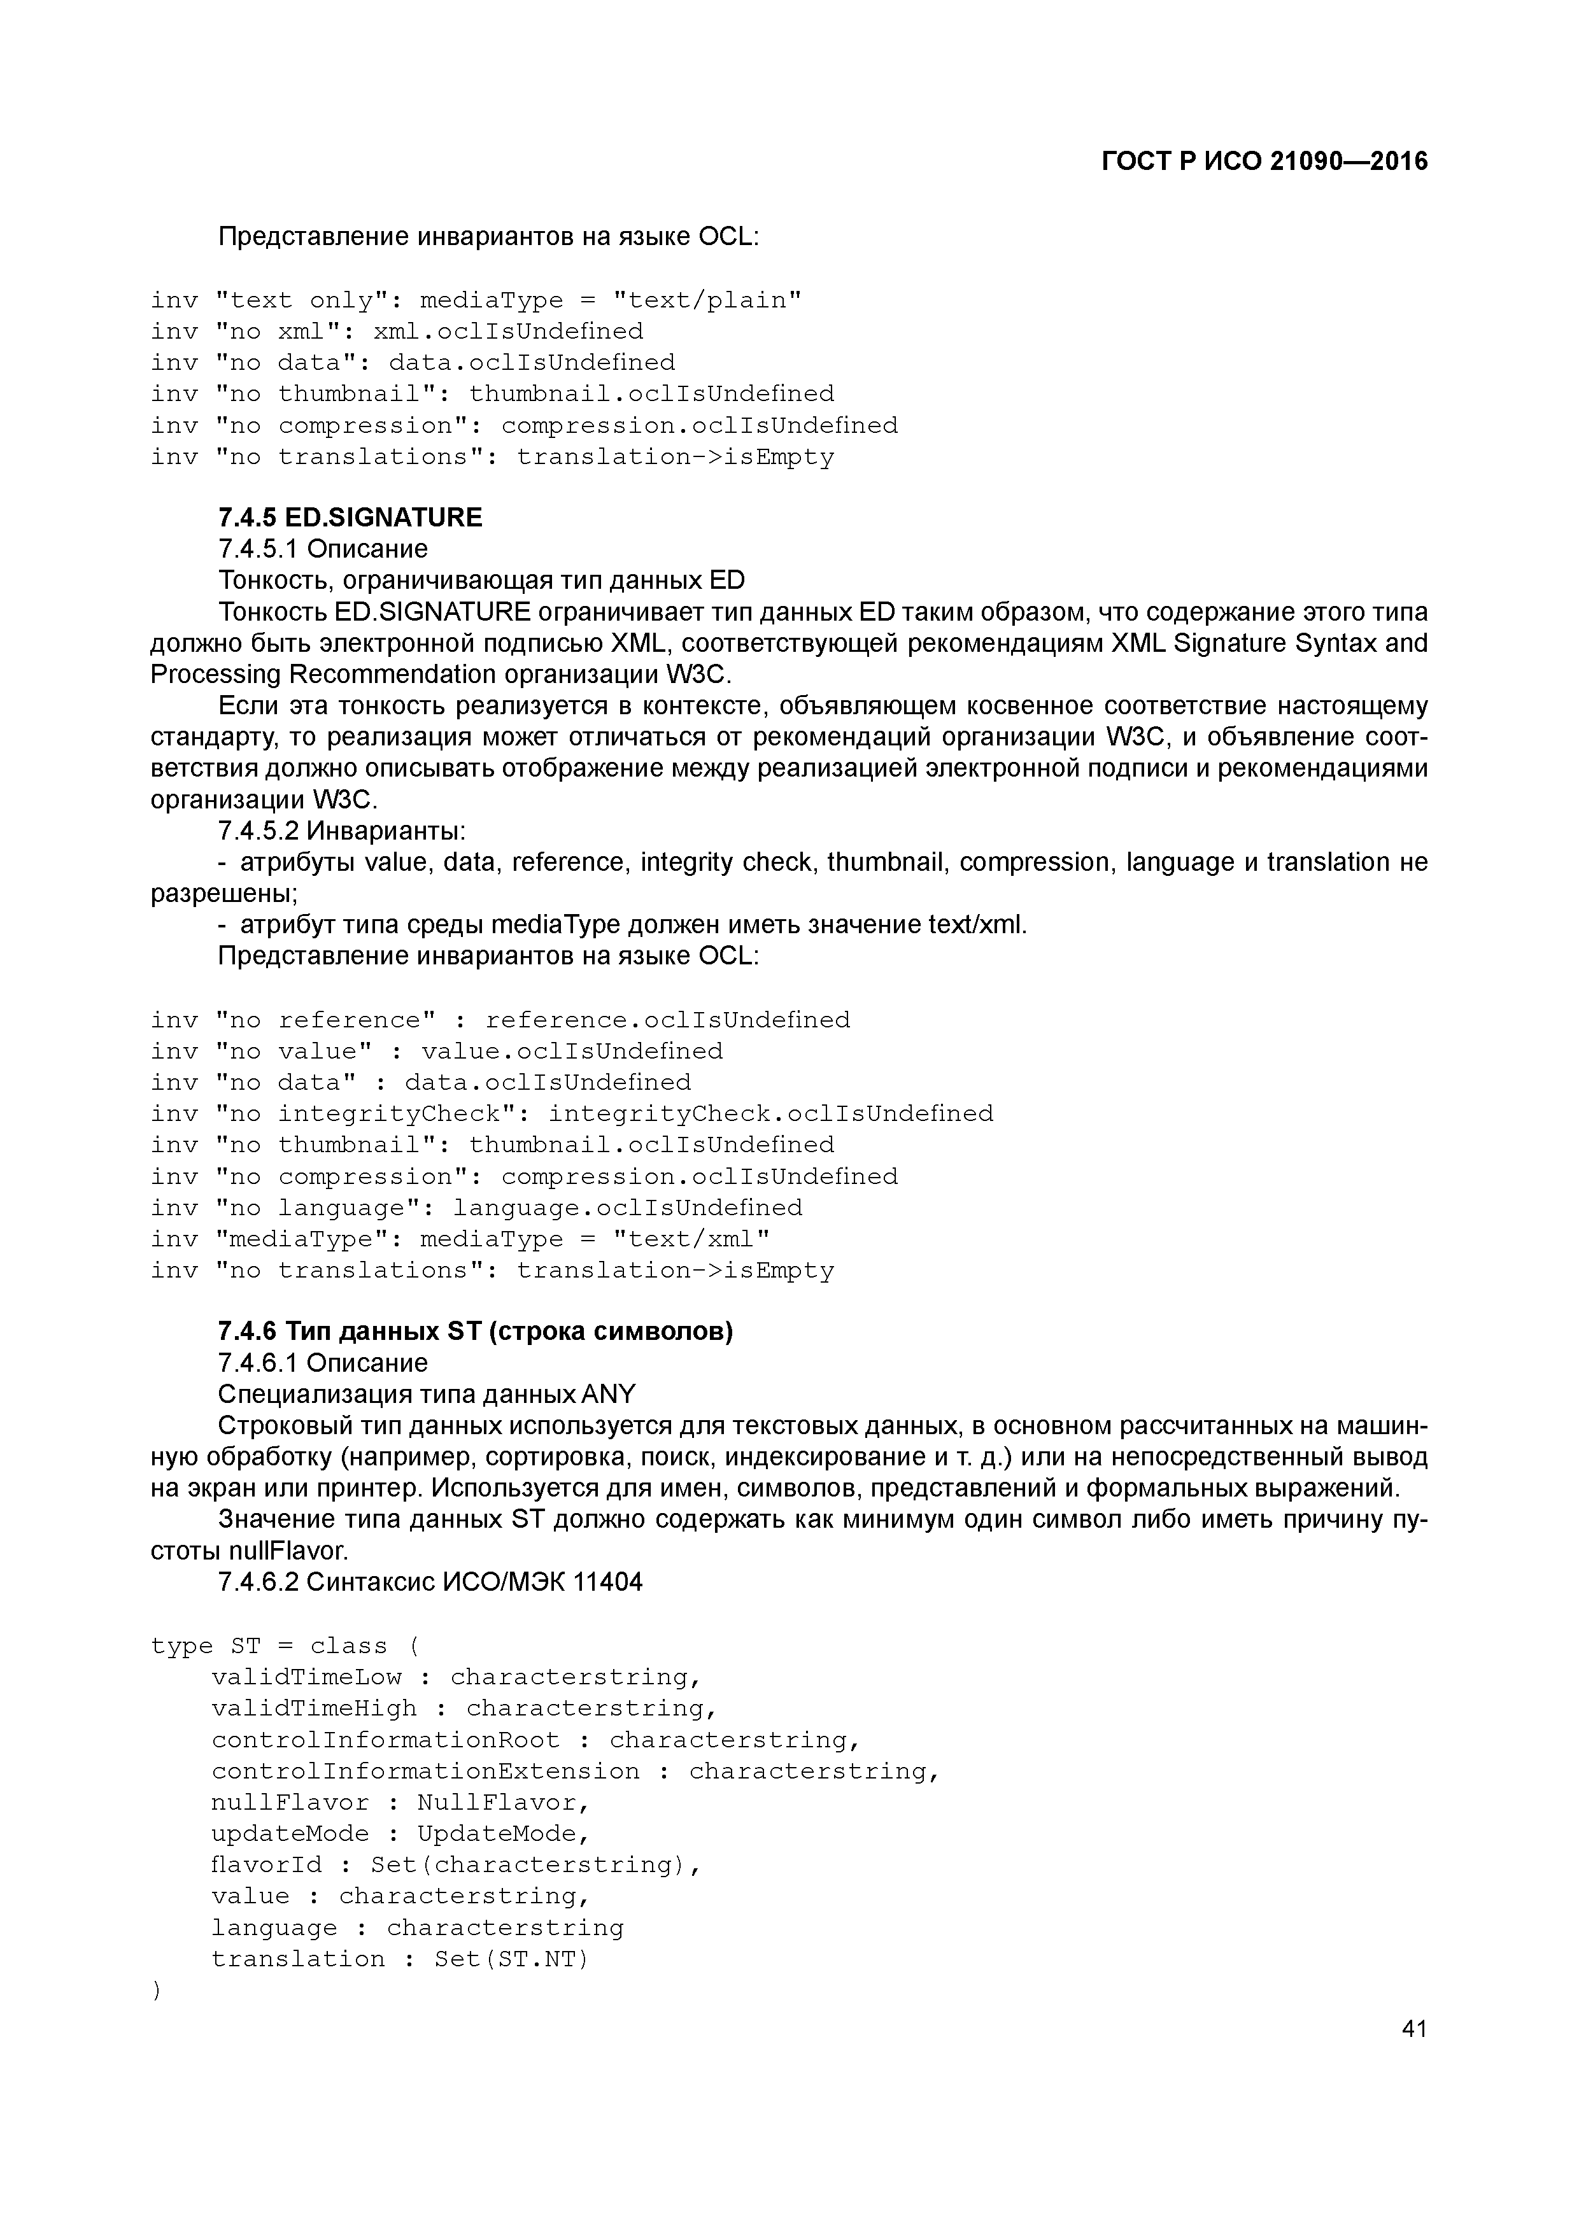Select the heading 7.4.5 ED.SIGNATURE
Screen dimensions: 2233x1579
pos(350,518)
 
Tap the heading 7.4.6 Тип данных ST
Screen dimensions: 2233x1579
pos(475,1332)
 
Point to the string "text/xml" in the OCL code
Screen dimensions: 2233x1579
pos(691,1239)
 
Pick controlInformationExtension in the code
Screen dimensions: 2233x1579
pos(425,1771)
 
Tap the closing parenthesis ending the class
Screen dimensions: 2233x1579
pos(155,1991)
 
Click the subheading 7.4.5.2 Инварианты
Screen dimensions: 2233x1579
pos(341,831)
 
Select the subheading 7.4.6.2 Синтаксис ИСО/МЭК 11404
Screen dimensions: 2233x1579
pos(430,1582)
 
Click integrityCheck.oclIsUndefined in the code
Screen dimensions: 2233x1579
pos(770,1113)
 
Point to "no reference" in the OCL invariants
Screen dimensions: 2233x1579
pos(325,1020)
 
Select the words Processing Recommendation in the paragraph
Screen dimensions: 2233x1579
pos(323,675)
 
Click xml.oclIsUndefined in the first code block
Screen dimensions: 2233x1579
pos(508,332)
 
